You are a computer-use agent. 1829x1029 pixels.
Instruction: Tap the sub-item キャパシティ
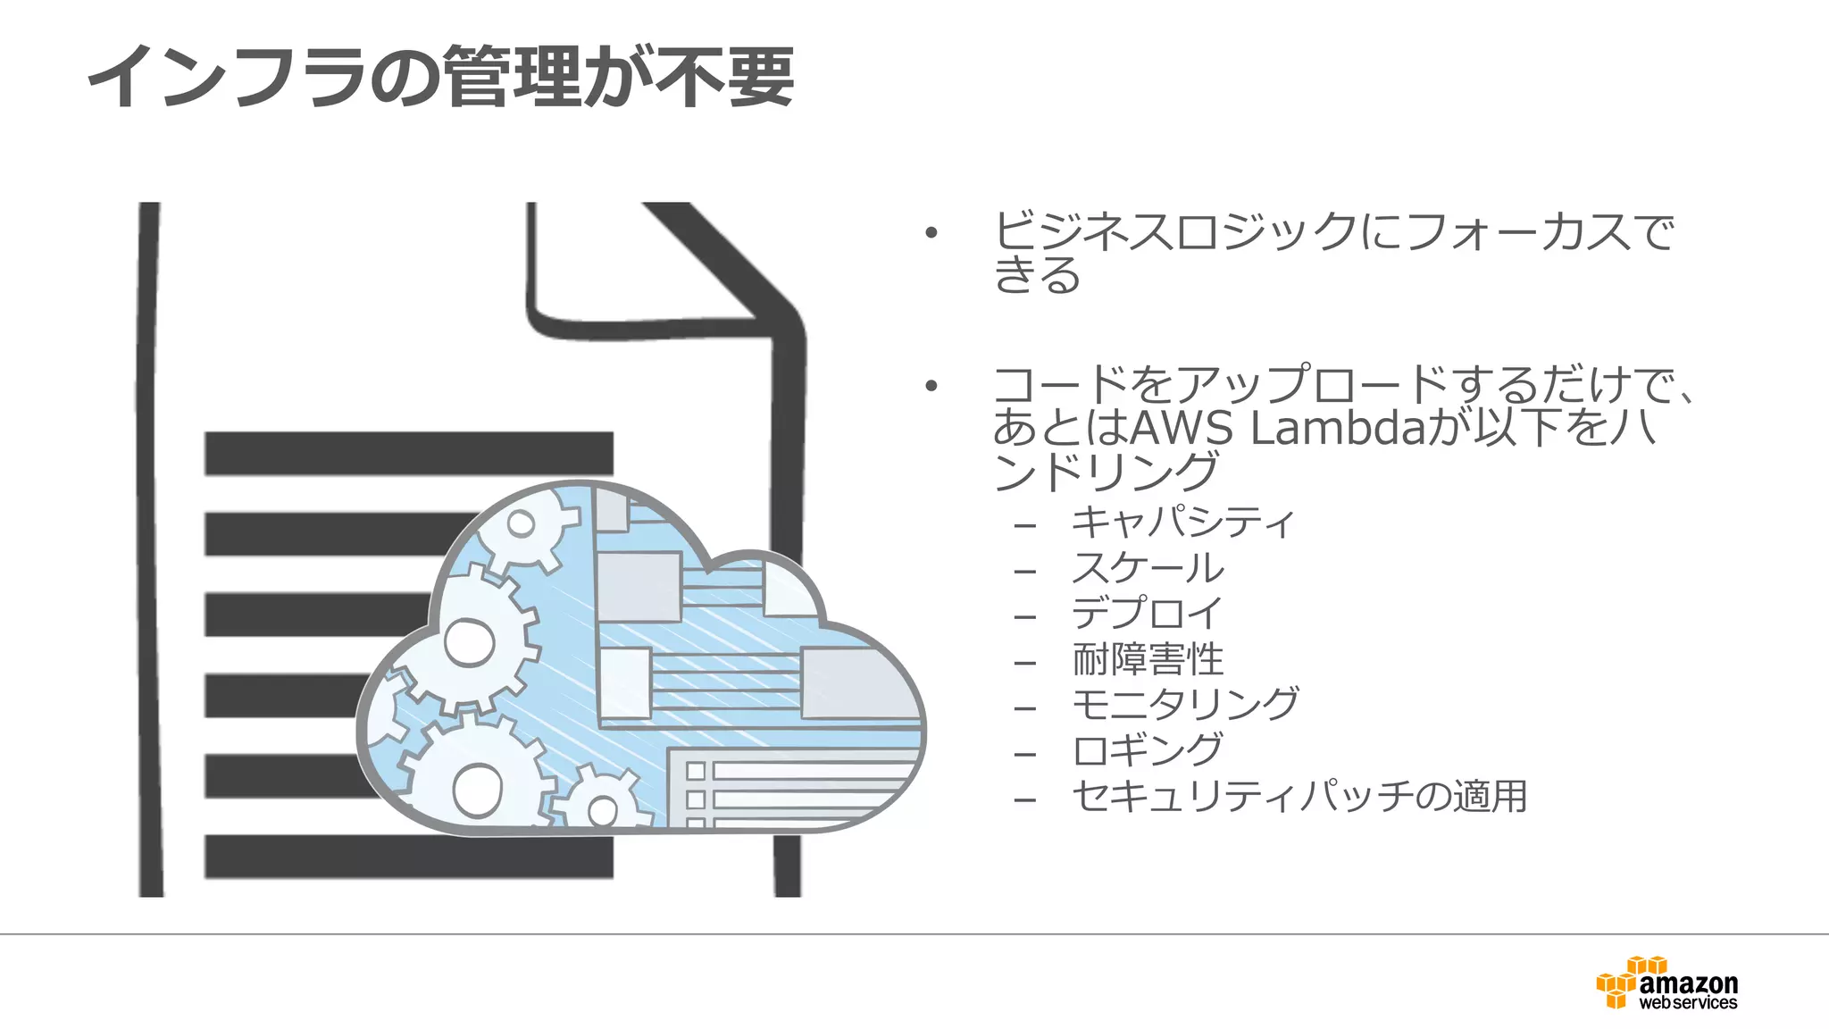point(1182,522)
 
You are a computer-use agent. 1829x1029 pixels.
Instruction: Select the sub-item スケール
point(1148,568)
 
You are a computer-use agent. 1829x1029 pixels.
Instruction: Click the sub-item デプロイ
point(1147,614)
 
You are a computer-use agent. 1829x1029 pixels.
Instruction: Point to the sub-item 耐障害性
point(1148,660)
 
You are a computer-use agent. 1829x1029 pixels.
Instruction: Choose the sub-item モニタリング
point(1185,706)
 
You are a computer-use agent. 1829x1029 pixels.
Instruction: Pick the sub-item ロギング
point(1148,751)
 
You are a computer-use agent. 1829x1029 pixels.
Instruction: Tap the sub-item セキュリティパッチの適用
point(1299,797)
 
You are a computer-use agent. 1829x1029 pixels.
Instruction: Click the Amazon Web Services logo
point(1667,984)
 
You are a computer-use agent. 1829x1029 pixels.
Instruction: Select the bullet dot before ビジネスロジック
point(931,234)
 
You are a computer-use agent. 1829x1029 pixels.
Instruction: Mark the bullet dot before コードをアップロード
point(931,387)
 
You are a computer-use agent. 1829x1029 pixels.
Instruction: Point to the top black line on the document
point(408,454)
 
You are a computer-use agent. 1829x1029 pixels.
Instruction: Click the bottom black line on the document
point(408,857)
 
